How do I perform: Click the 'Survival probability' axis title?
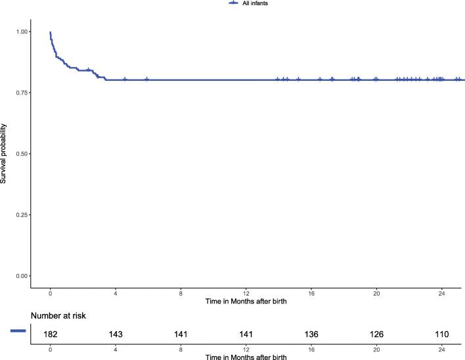tap(5, 154)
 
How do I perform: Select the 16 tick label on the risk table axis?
tap(311, 348)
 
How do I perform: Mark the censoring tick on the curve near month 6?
tap(146, 80)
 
